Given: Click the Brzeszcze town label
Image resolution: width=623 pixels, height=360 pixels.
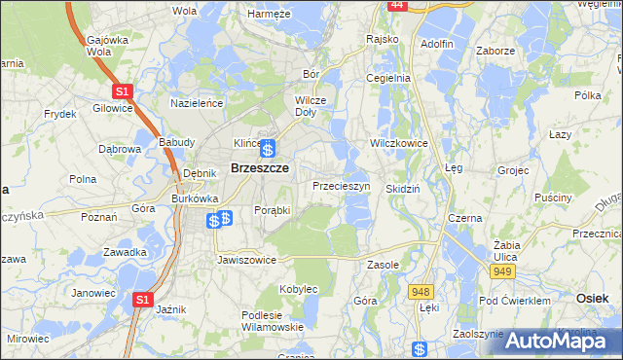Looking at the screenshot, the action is coord(257,167).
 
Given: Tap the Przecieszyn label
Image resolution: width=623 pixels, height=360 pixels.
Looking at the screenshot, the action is coord(340,185).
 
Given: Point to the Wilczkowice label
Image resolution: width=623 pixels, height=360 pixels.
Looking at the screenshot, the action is coord(399,141).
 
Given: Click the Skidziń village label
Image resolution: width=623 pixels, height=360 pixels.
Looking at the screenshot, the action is coord(402,189).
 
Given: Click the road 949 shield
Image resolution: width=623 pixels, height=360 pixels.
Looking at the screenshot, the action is coord(502,271).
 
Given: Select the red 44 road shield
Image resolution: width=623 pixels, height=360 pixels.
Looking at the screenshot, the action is coord(396,5).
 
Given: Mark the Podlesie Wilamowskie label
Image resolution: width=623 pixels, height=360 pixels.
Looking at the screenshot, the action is coord(272,320).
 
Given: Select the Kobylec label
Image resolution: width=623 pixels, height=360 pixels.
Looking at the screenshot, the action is coord(299,289).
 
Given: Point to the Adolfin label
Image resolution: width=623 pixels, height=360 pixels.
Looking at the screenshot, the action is coord(437,44).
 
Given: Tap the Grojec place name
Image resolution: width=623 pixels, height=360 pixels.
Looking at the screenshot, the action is coord(512,170).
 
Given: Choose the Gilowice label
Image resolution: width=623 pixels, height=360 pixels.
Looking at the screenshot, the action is coord(113,108).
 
